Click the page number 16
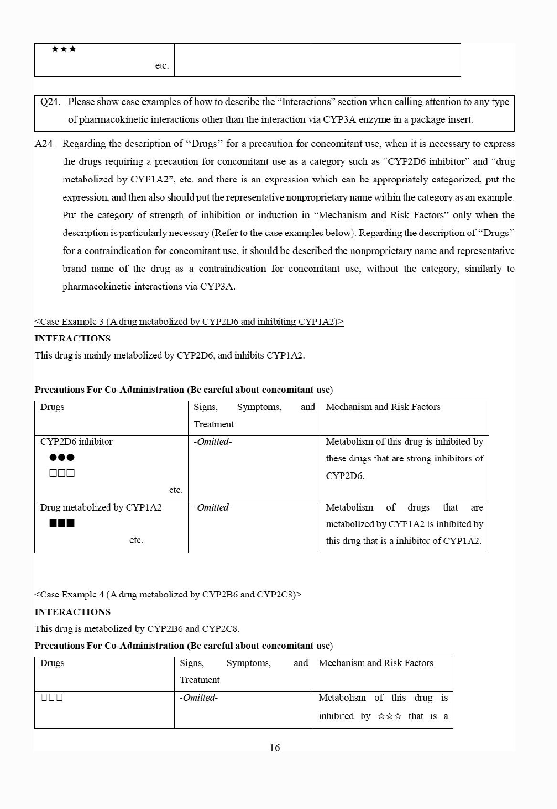coord(275,748)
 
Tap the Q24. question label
coord(50,102)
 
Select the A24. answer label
coord(44,144)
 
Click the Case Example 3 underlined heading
coord(189,321)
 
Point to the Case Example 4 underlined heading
coord(168,595)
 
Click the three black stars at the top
coord(64,49)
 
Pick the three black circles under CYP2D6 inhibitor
coord(62,458)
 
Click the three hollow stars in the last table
coord(389,716)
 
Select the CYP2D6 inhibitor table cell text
coord(76,442)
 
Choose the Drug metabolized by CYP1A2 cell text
coord(101,508)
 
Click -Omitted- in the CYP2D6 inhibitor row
coord(213,442)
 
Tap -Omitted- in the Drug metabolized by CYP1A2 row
coord(213,508)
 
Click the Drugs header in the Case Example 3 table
coord(52,407)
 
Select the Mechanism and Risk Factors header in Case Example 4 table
coord(376,663)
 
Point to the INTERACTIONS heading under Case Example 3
coord(73,339)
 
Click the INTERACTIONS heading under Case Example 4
coord(73,612)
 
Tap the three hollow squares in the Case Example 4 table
coord(52,698)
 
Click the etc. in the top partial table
coord(162,66)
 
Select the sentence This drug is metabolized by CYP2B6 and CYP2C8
coord(137,629)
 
